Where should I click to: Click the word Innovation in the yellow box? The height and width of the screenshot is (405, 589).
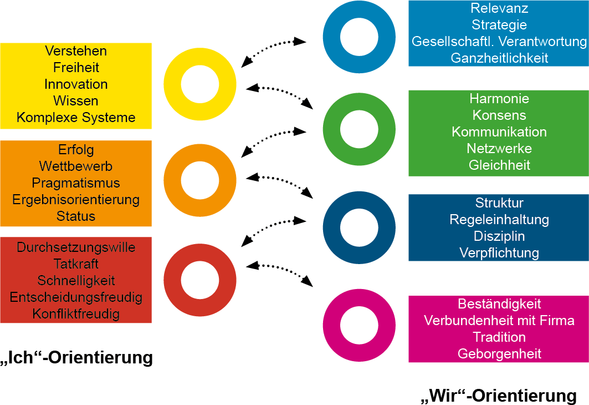pos(76,84)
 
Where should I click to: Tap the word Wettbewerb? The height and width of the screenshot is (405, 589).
pos(76,166)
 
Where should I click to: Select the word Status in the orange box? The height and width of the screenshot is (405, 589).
pos(76,216)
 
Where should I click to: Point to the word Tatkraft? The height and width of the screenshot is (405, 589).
pos(76,264)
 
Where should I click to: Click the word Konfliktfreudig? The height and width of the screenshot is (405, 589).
pos(76,314)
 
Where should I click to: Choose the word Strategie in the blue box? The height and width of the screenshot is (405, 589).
pos(499,25)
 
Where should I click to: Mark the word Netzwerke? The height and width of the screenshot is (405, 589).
pos(499,149)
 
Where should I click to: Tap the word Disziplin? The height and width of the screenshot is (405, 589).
pos(499,236)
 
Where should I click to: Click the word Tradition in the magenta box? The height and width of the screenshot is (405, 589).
pos(499,337)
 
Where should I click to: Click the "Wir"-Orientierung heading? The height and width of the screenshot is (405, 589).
pos(499,396)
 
